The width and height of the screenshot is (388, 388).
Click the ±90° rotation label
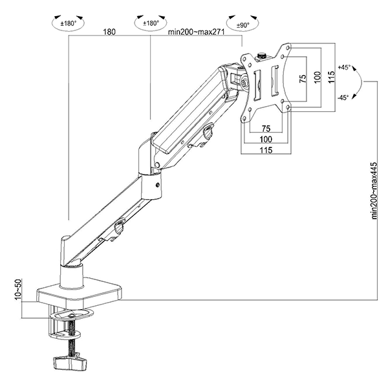click(242, 25)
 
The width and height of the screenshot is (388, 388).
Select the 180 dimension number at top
click(109, 32)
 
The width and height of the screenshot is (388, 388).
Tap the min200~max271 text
click(196, 32)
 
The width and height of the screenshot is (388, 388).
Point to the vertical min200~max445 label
click(374, 191)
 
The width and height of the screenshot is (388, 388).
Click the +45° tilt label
click(344, 67)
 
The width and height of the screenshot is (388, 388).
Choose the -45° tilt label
click(343, 98)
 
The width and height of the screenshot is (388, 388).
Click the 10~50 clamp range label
click(18, 290)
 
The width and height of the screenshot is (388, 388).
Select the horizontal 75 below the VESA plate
click(266, 129)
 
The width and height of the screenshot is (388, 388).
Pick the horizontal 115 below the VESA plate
click(266, 150)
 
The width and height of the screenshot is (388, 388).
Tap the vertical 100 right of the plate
click(318, 77)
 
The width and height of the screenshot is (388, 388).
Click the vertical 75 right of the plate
click(303, 78)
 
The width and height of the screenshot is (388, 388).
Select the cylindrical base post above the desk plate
click(72, 277)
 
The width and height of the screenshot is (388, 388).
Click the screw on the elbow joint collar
click(158, 184)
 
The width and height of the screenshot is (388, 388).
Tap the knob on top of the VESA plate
click(261, 56)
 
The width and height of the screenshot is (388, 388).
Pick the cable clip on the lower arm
click(119, 226)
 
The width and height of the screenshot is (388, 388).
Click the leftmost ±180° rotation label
click(69, 24)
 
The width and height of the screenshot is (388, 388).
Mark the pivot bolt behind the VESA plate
click(244, 83)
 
